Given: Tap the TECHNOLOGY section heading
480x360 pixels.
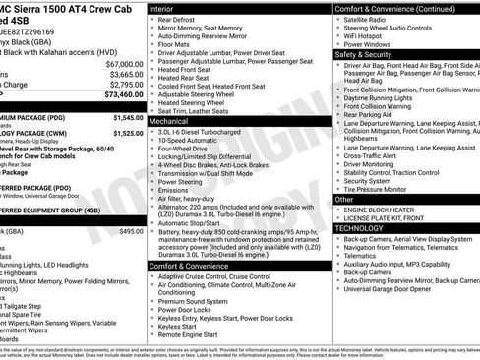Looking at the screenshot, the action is pos(360,227).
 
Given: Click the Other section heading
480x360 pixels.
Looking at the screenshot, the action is pos(344,199).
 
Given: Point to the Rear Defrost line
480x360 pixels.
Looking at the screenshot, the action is pos(176,19).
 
